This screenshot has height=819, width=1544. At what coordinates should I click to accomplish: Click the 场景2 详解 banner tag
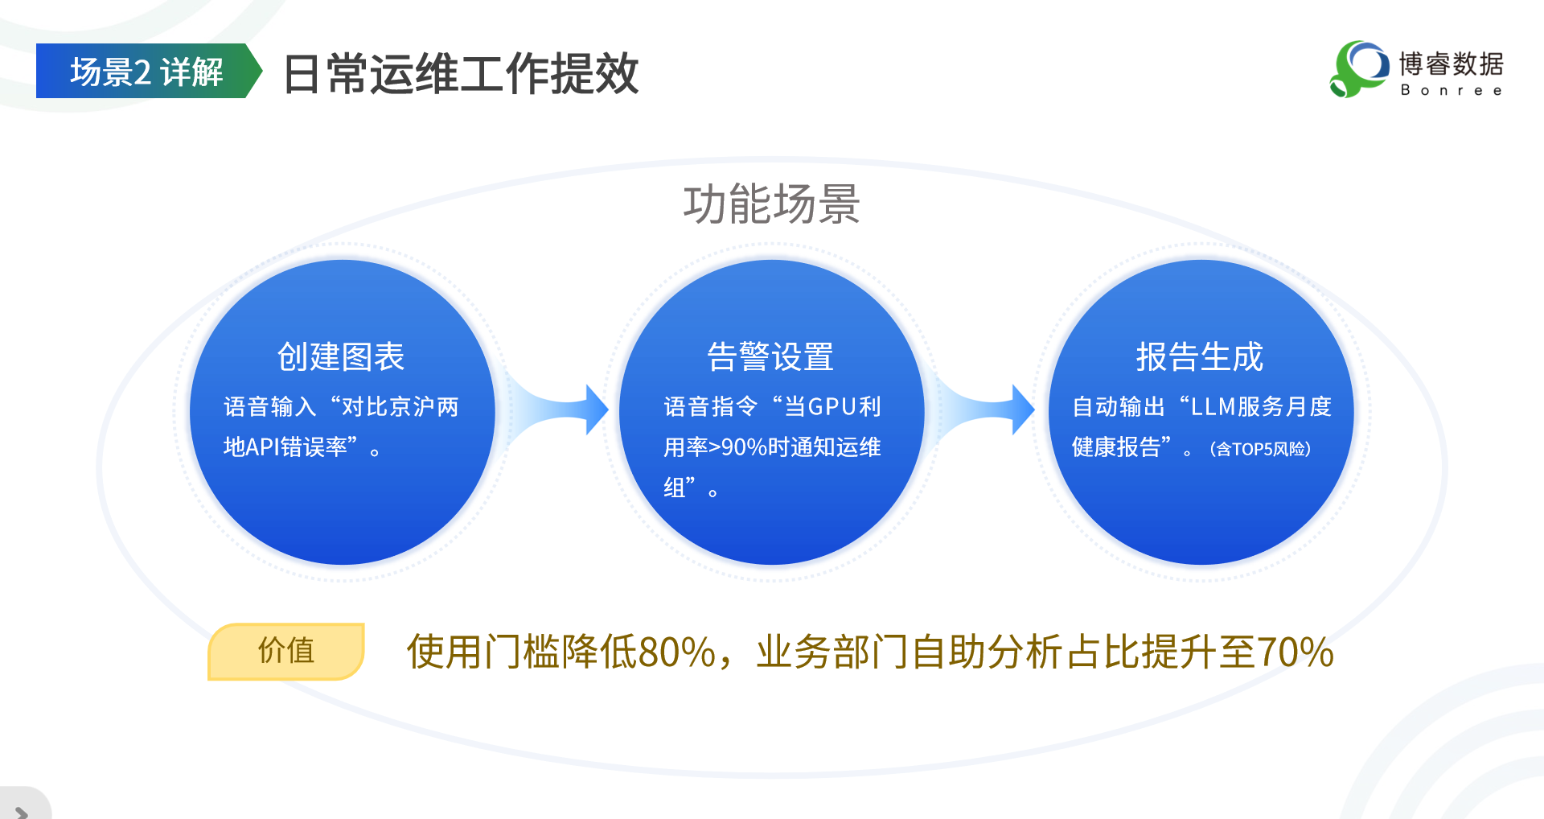(x=146, y=72)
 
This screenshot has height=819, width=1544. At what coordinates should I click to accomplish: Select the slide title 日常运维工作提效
(x=461, y=74)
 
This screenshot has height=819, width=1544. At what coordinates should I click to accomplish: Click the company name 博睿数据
(x=1451, y=64)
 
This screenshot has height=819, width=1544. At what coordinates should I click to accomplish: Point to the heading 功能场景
(x=771, y=204)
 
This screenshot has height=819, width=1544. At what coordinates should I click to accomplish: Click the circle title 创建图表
(x=341, y=356)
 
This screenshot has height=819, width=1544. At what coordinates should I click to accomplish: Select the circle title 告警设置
(x=770, y=356)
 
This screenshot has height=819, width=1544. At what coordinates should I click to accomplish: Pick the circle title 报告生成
(x=1200, y=356)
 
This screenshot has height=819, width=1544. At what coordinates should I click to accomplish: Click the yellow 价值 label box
(x=286, y=651)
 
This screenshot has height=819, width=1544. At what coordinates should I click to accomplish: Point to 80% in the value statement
(x=675, y=652)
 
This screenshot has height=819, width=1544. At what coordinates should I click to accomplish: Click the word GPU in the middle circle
(x=832, y=407)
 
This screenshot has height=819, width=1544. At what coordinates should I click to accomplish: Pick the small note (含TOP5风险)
(x=1260, y=449)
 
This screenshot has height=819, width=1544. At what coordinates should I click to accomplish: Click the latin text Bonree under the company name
(x=1451, y=90)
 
